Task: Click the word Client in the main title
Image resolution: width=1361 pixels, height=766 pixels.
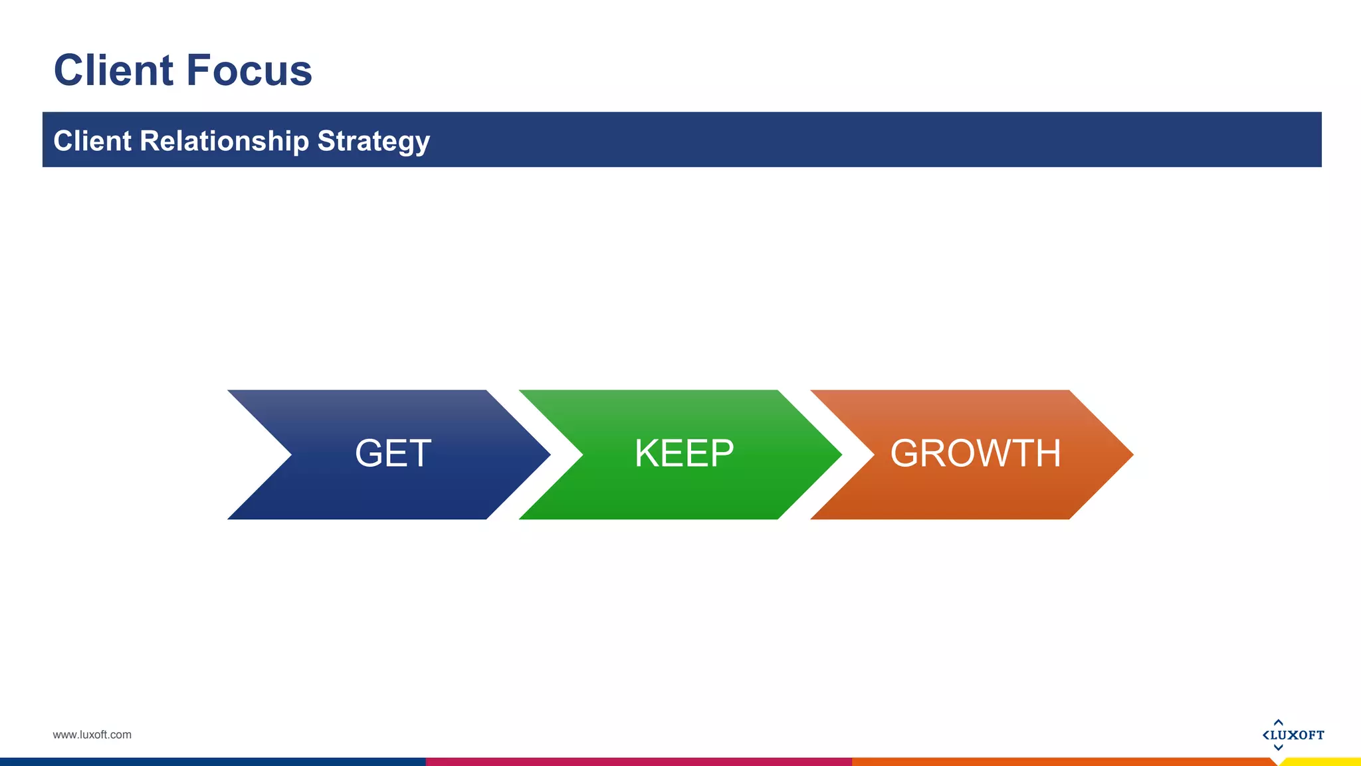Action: pos(113,70)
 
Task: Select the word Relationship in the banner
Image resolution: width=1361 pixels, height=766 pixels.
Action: pos(224,141)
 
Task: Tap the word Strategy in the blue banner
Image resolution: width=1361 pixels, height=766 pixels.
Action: pos(373,142)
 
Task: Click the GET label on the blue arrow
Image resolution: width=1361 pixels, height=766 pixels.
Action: pos(393,454)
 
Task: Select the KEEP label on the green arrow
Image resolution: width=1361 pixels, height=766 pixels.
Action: pos(684,454)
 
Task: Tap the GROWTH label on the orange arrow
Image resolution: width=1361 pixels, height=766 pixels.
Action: pos(975,454)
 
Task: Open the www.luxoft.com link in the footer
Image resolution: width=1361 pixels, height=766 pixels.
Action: pos(92,735)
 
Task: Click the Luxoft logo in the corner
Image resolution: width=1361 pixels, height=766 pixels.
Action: pos(1293,735)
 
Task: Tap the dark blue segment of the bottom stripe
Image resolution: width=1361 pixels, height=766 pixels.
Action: pos(213,762)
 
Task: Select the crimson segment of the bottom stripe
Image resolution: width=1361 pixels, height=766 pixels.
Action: pos(638,762)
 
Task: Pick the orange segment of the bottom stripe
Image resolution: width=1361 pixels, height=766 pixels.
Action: pos(1063,762)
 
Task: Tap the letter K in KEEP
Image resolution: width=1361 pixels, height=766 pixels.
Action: pos(647,454)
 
